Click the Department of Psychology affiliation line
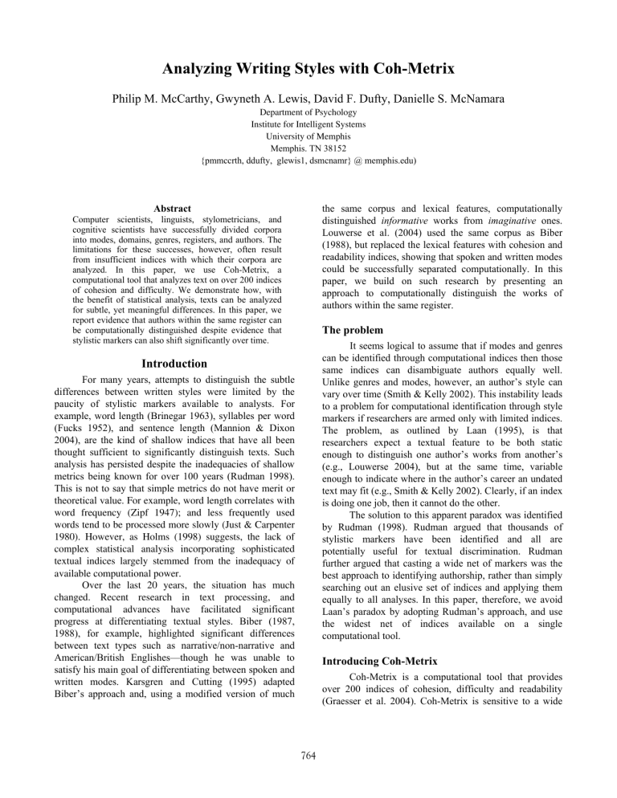(308, 125)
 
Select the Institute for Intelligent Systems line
(308, 136)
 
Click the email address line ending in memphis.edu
(308, 171)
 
